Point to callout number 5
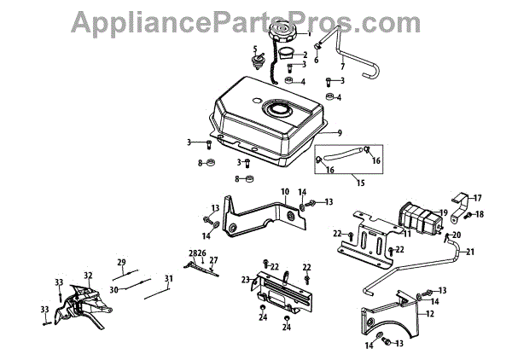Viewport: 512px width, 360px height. [x=254, y=49]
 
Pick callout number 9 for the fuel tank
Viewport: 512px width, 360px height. [x=339, y=133]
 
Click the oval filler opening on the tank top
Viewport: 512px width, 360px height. [x=281, y=110]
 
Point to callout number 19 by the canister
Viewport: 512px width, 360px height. [x=444, y=212]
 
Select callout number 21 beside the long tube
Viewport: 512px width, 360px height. [x=469, y=252]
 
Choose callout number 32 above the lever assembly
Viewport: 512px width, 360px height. [x=87, y=276]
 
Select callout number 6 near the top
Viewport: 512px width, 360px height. [x=316, y=60]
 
